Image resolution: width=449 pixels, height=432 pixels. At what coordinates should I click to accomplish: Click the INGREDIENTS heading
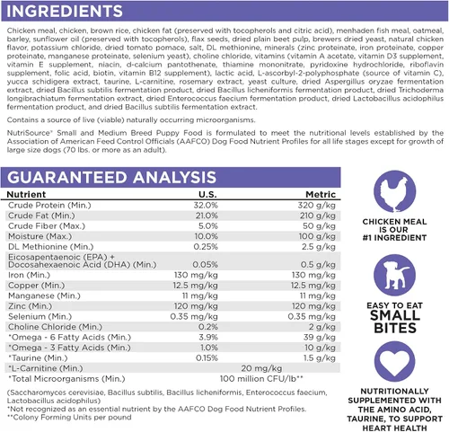coord(65,11)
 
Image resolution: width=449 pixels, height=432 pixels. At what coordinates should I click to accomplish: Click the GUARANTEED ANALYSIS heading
coord(111,177)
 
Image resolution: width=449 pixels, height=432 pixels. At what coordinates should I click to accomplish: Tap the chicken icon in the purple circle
coord(394,191)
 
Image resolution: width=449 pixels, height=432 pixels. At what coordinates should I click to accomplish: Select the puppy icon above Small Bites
coord(394,276)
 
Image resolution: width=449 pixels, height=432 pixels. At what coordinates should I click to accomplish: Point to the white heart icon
coord(394,362)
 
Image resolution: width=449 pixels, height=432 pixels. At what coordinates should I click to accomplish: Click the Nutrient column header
coord(26,195)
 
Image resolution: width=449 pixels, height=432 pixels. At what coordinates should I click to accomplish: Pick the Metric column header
coord(321,195)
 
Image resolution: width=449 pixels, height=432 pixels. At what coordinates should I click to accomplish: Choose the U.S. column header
coord(207,195)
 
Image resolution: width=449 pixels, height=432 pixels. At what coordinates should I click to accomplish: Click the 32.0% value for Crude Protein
coord(206,206)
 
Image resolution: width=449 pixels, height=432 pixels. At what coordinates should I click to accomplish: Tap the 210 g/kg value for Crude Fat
coord(318,216)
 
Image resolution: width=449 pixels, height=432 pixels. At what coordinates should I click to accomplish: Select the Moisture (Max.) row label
coord(40,236)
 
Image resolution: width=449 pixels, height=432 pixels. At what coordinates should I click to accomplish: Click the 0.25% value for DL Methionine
coord(206,247)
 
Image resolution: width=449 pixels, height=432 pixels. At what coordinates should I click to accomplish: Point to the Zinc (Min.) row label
coord(30,306)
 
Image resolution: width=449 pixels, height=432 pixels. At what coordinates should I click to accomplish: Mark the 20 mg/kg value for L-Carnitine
coord(261,368)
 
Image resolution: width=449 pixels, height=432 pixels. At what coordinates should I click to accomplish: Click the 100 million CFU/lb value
coord(261,379)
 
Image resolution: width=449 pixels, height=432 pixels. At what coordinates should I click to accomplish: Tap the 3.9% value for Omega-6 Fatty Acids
coord(208,338)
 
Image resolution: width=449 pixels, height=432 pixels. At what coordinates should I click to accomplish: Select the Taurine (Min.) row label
coord(38,358)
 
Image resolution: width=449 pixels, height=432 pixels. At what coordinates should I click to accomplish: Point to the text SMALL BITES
coord(395,322)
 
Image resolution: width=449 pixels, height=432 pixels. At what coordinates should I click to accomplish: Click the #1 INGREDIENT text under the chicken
coord(394,238)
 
